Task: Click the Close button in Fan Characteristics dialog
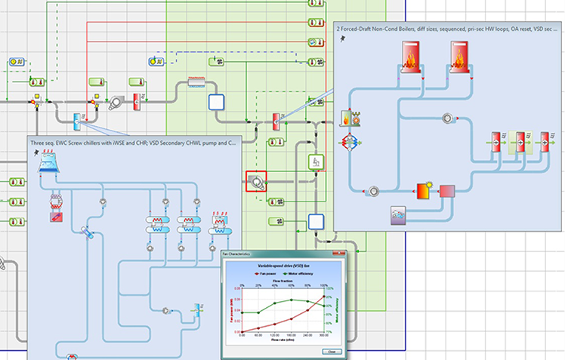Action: point(329,351)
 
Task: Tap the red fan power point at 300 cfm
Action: point(325,297)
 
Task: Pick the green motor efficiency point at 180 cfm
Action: point(292,300)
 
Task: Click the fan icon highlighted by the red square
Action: point(256,181)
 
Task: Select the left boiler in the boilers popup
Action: point(411,57)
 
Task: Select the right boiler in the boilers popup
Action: point(463,57)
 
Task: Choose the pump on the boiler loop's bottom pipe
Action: point(372,190)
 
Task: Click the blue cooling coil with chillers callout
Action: point(77,120)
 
